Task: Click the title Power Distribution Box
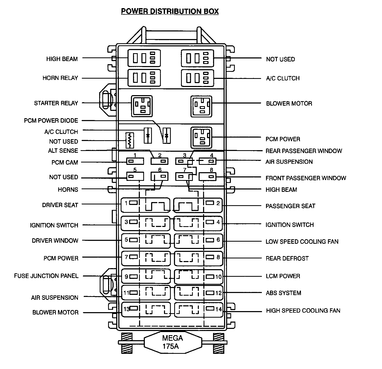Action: click(170, 11)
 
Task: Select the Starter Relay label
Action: click(56, 103)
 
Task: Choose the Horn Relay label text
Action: click(60, 78)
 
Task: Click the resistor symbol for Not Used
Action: click(130, 140)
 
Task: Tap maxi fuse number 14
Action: click(199, 310)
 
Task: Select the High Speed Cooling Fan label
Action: click(303, 311)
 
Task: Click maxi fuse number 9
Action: click(146, 276)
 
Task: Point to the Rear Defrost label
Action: click(287, 258)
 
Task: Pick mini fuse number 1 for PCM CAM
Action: click(135, 161)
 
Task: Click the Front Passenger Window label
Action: click(306, 178)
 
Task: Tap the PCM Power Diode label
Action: click(51, 121)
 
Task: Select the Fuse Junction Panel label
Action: click(46, 276)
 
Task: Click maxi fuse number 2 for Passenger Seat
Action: click(199, 204)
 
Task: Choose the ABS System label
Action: click(283, 293)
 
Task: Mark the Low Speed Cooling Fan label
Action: click(302, 241)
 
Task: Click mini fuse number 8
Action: click(208, 177)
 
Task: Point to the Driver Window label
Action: click(55, 240)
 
